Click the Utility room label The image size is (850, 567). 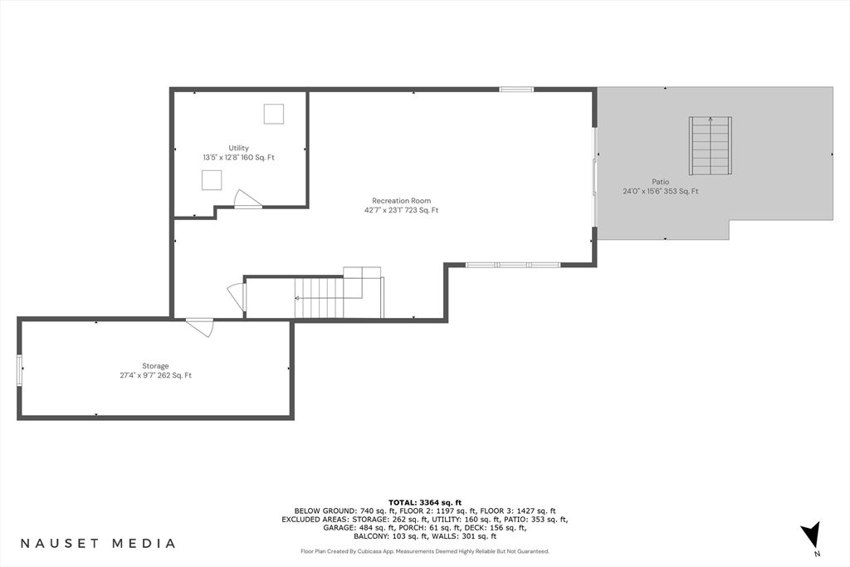click(238, 148)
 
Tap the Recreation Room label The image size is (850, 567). click(401, 201)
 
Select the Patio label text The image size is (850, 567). click(660, 182)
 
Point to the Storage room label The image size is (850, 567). click(155, 366)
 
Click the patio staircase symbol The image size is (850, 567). click(711, 145)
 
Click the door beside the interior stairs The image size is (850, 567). click(237, 297)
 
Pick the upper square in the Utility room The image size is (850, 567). click(274, 114)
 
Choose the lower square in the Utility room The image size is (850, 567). click(212, 180)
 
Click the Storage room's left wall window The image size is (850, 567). click(20, 370)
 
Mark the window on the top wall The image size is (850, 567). click(516, 90)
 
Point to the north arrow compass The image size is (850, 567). click(812, 535)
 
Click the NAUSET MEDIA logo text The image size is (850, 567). click(98, 543)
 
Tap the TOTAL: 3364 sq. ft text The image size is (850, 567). click(425, 502)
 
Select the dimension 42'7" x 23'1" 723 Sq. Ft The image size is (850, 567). click(401, 210)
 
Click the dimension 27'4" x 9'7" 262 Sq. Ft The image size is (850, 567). click(155, 375)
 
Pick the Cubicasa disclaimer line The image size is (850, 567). click(425, 551)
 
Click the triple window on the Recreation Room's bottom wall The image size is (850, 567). click(513, 265)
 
